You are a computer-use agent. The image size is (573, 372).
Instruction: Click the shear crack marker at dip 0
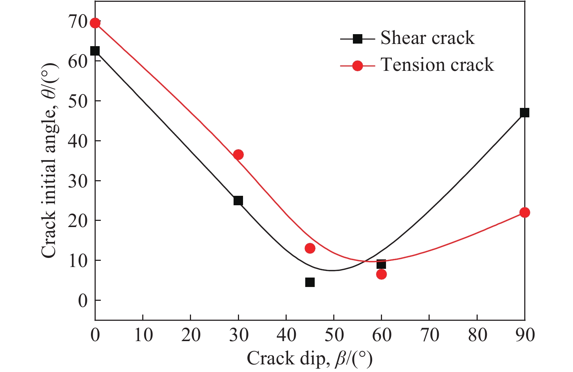tap(95, 51)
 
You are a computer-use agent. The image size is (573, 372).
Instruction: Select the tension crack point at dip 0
tap(95, 23)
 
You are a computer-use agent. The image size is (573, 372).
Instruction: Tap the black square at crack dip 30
tap(238, 201)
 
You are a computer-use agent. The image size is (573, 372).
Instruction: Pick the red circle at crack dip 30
tap(238, 155)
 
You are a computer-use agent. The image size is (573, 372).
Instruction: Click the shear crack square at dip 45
tap(310, 282)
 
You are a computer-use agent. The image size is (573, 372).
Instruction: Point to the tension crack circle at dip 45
tap(310, 248)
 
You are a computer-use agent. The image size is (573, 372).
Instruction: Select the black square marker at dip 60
tap(381, 264)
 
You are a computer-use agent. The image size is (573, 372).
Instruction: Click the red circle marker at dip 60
tap(381, 274)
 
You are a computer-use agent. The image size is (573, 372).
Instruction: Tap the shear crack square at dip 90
tap(524, 113)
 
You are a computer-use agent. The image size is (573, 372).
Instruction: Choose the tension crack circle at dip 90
tap(524, 213)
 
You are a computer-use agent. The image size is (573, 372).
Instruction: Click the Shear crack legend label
tap(427, 38)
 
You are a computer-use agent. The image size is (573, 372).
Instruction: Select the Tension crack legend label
tap(437, 65)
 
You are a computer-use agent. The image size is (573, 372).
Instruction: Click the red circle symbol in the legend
tap(358, 66)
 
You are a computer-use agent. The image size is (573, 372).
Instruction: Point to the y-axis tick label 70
tap(78, 21)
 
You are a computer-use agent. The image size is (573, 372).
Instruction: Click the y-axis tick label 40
tap(78, 141)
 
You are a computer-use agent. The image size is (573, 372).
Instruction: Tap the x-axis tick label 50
tap(334, 335)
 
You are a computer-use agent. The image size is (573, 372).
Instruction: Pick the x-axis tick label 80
tap(477, 335)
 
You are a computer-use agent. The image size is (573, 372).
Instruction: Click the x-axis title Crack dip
tap(310, 359)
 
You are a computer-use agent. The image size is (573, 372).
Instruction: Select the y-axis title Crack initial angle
tap(49, 160)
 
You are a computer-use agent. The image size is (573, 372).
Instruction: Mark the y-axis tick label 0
tap(83, 301)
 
